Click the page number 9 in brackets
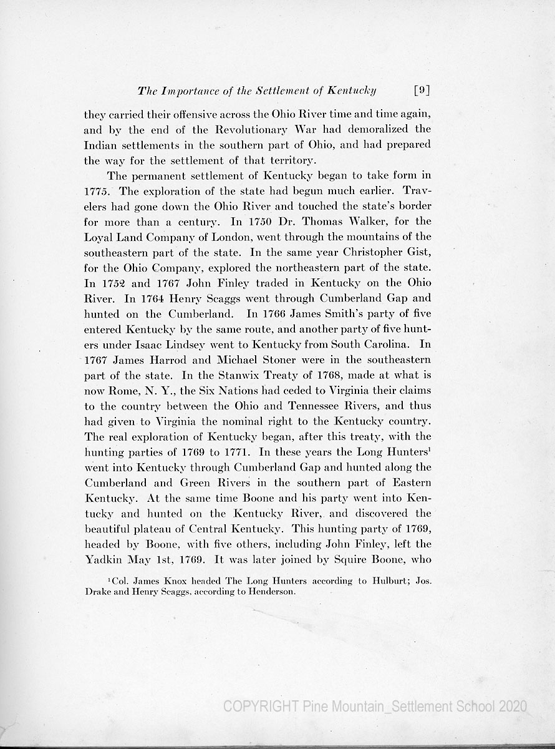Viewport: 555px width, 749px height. (x=422, y=90)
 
